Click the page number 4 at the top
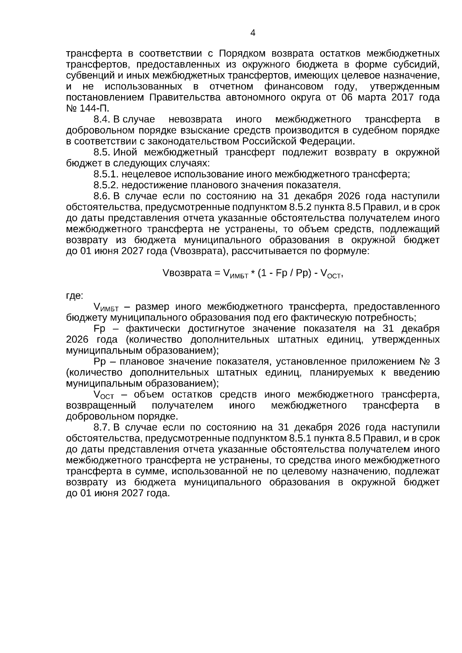pyautogui.click(x=253, y=33)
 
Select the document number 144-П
pyautogui.click(x=92, y=108)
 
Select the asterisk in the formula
pyautogui.click(x=253, y=274)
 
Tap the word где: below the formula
pyautogui.click(x=74, y=296)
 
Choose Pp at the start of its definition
pyautogui.click(x=99, y=362)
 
